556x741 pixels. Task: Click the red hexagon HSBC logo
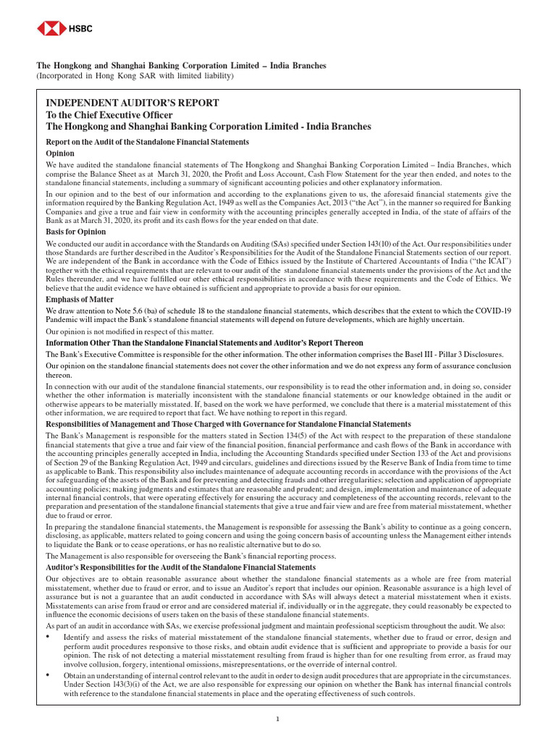click(x=49, y=28)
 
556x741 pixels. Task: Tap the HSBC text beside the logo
click(x=75, y=28)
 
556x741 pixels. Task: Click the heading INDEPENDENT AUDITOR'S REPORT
click(x=132, y=103)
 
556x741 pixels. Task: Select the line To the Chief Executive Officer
click(x=109, y=115)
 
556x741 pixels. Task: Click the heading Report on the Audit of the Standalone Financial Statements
click(x=148, y=143)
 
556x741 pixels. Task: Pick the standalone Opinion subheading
click(x=60, y=154)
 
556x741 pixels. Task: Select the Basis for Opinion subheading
click(x=76, y=232)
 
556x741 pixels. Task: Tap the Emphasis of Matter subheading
click(x=80, y=299)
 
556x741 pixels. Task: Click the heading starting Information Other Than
click(x=204, y=343)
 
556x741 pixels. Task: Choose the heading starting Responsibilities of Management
click(x=228, y=424)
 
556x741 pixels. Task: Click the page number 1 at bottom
click(x=278, y=719)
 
